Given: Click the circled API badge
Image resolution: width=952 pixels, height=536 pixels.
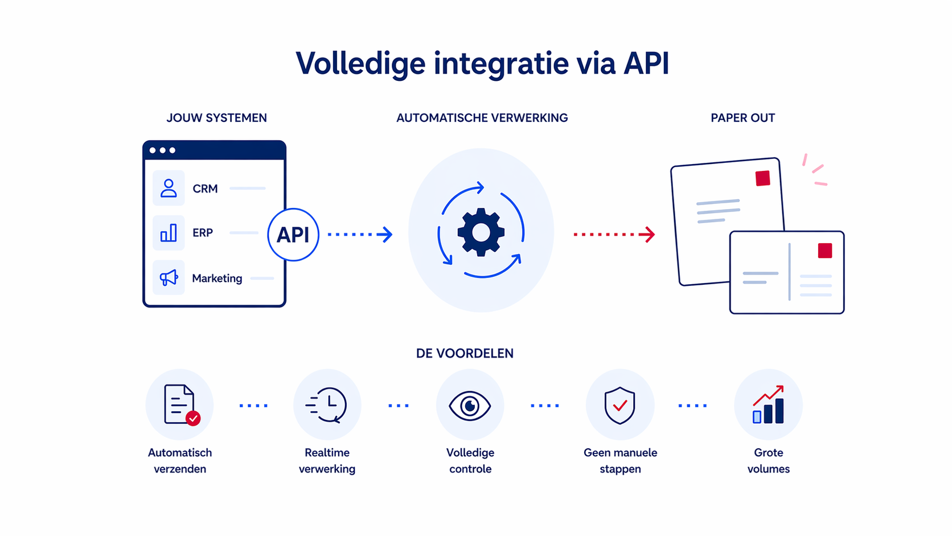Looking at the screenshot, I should pyautogui.click(x=293, y=235).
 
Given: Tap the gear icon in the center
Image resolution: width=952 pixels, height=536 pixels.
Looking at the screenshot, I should pyautogui.click(x=481, y=232).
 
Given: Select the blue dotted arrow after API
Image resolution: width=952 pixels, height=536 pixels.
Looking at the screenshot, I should pyautogui.click(x=360, y=234).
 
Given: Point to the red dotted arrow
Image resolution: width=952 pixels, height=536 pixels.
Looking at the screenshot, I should pyautogui.click(x=614, y=234).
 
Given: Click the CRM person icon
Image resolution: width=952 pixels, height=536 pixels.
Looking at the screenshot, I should pyautogui.click(x=169, y=188).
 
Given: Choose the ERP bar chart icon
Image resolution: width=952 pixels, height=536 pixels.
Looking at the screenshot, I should pyautogui.click(x=169, y=232).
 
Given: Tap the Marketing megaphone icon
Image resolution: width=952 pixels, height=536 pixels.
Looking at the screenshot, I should pyautogui.click(x=169, y=277).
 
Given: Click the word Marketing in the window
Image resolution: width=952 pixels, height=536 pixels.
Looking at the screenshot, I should pyautogui.click(x=217, y=279).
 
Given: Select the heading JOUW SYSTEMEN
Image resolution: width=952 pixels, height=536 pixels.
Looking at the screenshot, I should pyautogui.click(x=216, y=118).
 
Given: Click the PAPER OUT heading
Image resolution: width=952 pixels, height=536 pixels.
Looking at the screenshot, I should pyautogui.click(x=742, y=118).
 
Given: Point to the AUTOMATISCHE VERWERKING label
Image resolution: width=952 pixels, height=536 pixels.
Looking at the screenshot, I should pyautogui.click(x=482, y=118).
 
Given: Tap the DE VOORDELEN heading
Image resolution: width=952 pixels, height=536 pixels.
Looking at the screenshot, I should pyautogui.click(x=465, y=353).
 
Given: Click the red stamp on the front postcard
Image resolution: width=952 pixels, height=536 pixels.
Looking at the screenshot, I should pyautogui.click(x=825, y=251).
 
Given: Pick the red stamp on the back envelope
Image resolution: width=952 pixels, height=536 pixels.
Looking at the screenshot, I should pyautogui.click(x=763, y=178).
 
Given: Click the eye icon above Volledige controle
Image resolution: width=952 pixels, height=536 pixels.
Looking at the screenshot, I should pyautogui.click(x=470, y=406).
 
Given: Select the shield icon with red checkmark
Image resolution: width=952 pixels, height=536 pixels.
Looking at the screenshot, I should pyautogui.click(x=619, y=405).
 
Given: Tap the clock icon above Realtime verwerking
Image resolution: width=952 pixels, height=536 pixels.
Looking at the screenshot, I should pyautogui.click(x=327, y=404).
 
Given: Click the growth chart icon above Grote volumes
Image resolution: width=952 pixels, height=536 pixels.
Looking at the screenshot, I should pyautogui.click(x=768, y=405).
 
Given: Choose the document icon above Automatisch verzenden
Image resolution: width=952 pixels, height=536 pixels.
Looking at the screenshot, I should pyautogui.click(x=180, y=404).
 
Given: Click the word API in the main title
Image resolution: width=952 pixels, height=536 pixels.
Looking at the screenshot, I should pyautogui.click(x=646, y=63).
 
